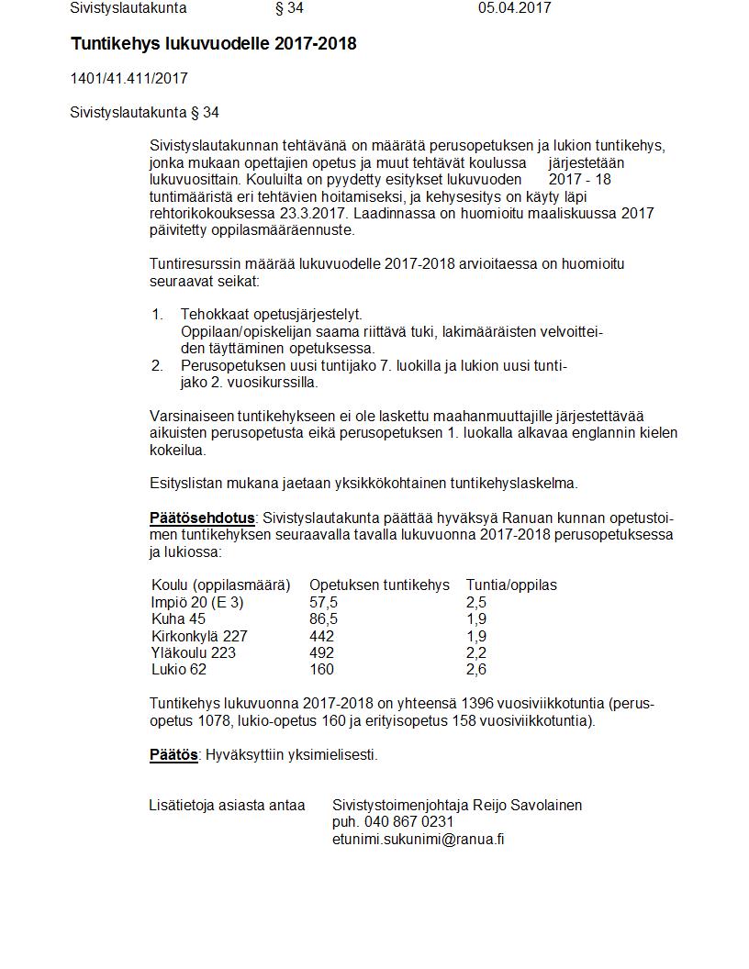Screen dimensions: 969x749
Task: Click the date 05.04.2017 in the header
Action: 514,8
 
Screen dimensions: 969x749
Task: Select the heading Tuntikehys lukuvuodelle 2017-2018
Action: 214,44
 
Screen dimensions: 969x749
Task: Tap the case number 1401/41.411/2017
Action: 129,79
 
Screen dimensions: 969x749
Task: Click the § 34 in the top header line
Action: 289,8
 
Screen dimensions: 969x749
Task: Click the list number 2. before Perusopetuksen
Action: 157,366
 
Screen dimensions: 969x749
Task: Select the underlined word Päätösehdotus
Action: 202,518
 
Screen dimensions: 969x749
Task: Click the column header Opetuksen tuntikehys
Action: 379,585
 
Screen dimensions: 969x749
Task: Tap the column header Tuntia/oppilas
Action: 511,585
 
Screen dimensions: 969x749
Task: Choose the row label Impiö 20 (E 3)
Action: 197,603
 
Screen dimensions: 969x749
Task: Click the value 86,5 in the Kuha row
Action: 323,619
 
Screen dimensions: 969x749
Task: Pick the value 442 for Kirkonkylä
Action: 321,636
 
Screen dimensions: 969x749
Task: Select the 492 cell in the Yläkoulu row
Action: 321,653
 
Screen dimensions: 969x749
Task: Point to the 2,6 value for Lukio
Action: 476,670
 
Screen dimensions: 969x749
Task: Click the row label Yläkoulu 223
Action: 193,653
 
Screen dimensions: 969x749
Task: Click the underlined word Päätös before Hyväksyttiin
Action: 173,755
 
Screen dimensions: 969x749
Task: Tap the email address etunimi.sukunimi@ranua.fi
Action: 418,839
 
